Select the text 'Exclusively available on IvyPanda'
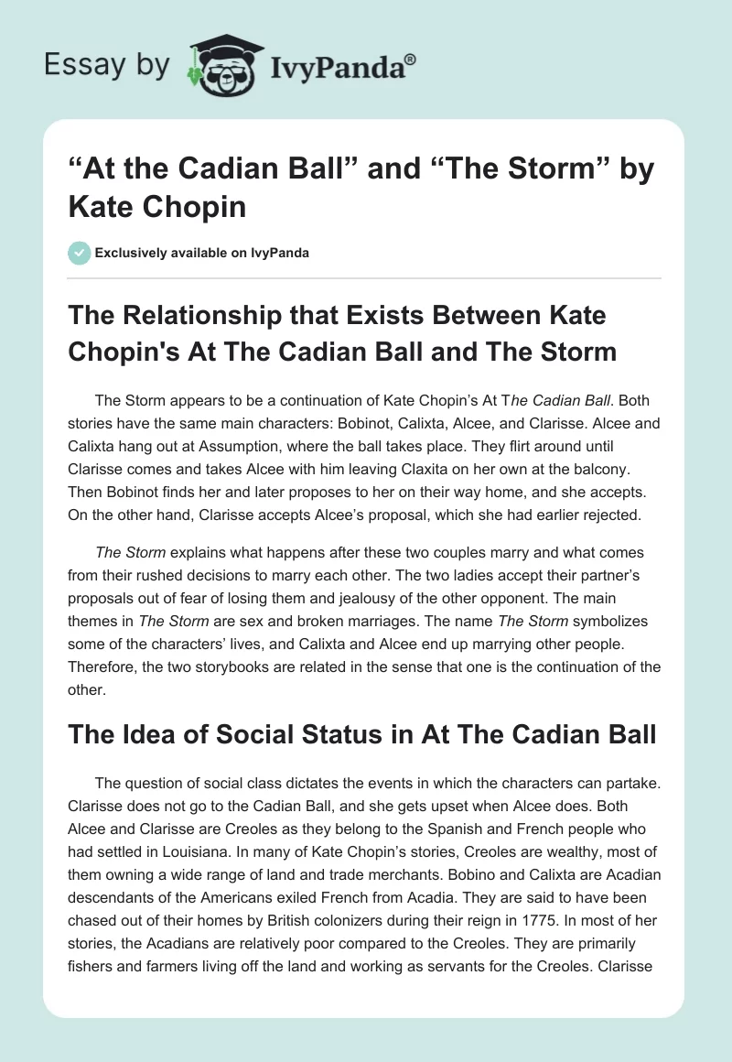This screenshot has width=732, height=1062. (x=201, y=253)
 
